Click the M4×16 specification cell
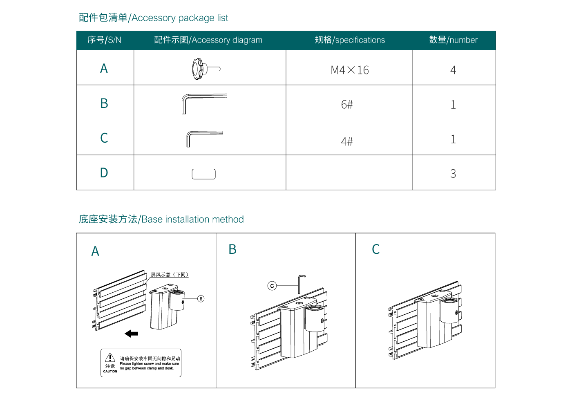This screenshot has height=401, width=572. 349,70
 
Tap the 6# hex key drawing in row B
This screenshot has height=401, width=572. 203,103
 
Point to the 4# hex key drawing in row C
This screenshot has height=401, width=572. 204,138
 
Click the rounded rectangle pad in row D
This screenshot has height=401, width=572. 203,174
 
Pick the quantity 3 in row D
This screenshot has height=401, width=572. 453,174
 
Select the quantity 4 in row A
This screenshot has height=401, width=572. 453,70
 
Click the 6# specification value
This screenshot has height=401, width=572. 347,105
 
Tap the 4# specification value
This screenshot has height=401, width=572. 347,141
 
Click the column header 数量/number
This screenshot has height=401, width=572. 453,40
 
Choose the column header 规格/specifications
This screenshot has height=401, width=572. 350,40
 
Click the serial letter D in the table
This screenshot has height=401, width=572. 104,173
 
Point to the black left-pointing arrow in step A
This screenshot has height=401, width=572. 132,334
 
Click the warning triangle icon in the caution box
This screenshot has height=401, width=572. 110,358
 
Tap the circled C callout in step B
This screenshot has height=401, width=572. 272,286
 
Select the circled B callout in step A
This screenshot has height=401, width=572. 201,299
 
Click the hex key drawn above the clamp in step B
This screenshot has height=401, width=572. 301,283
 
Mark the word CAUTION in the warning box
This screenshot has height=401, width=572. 110,371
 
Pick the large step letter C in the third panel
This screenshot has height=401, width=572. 376,249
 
